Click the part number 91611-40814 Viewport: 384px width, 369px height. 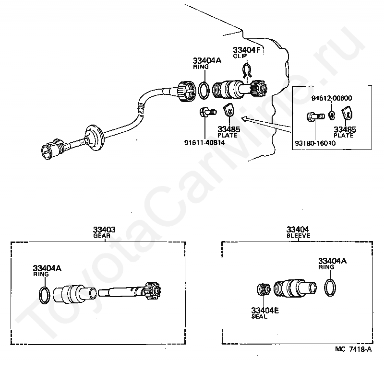click(x=204, y=142)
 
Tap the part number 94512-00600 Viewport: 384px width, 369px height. click(x=332, y=98)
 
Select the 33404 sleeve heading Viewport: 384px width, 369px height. click(x=298, y=232)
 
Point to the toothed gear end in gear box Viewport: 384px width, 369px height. click(x=155, y=291)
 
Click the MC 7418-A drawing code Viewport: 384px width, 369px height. click(x=354, y=362)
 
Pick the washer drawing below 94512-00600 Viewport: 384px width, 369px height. click(x=332, y=115)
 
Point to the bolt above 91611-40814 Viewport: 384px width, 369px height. click(x=206, y=113)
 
